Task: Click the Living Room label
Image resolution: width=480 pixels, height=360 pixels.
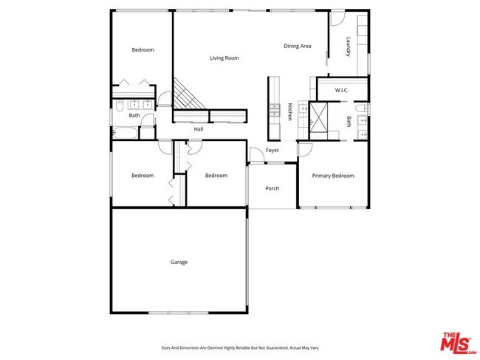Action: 224,58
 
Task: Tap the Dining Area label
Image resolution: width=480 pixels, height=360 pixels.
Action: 297,46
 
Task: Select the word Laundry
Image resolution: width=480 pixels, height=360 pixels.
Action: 346,48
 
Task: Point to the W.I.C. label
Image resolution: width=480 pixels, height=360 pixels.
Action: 341,90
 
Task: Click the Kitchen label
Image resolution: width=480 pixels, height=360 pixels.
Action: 290,112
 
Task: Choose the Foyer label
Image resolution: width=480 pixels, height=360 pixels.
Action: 272,150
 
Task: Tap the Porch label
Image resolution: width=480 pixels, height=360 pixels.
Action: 272,188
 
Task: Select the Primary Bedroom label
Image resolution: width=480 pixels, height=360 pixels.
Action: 332,176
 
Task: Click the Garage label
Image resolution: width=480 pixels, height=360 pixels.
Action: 179,262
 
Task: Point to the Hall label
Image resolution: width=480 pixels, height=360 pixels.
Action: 199,129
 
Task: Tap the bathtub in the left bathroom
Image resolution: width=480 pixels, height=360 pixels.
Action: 125,134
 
